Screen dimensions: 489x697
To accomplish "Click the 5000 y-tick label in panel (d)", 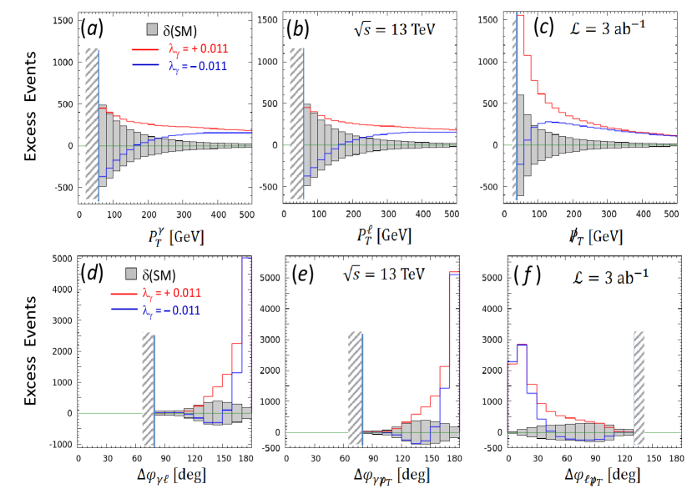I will (x=62, y=259).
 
